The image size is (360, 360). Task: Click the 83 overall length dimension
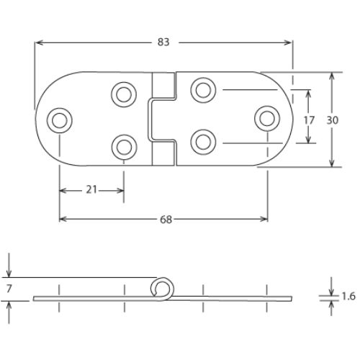163,42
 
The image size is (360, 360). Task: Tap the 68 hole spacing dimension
166,220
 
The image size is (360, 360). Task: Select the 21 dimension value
91,190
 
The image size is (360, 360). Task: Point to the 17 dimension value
309,120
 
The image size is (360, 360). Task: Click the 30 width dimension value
333,120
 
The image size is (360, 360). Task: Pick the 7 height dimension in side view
9,289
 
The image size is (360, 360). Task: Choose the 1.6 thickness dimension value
348,297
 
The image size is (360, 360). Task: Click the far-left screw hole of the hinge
60,120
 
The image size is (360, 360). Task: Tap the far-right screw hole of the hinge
267,119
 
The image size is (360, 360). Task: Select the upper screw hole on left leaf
124,94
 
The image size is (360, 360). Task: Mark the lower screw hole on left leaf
124,147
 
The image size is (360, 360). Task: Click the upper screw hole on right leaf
203,90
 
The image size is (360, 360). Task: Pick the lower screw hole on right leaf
203,142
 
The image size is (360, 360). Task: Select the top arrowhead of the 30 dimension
331,77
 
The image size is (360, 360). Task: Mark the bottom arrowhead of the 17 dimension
308,139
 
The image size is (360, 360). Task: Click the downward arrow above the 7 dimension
9,265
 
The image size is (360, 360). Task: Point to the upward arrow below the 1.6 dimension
331,308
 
